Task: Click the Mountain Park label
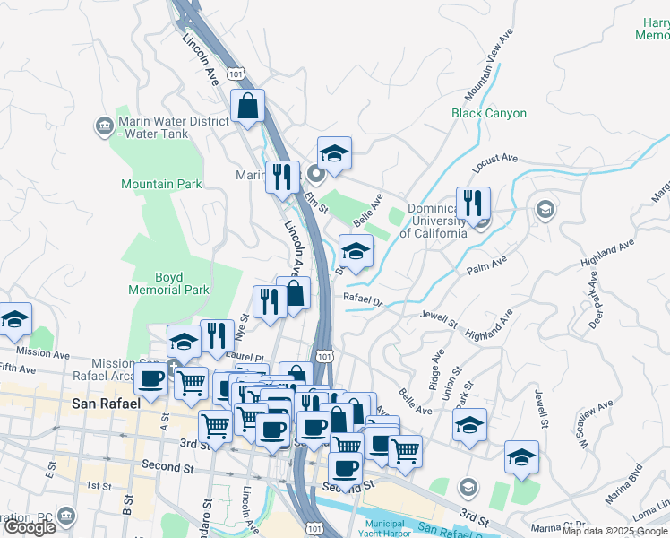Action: pos(162,184)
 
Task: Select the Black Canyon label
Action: pos(489,114)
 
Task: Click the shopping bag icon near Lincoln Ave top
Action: pos(247,107)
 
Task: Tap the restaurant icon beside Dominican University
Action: pos(473,204)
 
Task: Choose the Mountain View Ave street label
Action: pos(489,65)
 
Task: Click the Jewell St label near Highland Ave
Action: pos(439,318)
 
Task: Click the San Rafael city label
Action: pos(106,403)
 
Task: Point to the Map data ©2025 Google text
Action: pos(615,532)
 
